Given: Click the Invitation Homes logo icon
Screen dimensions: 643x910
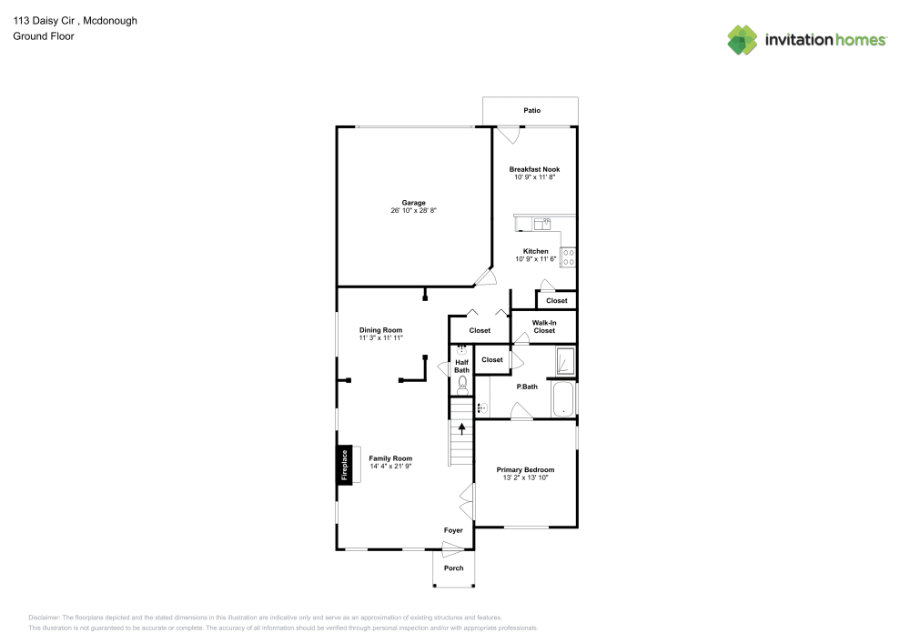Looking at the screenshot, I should [x=743, y=39].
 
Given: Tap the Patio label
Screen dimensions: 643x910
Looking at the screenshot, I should [x=531, y=110].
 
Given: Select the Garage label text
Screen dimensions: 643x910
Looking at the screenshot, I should [x=414, y=203].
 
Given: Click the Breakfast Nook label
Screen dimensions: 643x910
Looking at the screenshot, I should [x=534, y=169].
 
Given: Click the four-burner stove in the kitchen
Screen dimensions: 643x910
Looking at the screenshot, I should [x=569, y=257].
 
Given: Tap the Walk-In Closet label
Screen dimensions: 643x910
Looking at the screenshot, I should [x=544, y=327].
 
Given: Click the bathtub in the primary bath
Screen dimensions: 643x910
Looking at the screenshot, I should [x=564, y=399].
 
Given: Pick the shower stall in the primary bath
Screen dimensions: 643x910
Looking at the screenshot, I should [x=565, y=362].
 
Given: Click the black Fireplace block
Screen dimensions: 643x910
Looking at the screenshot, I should [x=344, y=465].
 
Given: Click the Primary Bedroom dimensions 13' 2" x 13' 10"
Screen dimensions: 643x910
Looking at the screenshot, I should [x=525, y=477].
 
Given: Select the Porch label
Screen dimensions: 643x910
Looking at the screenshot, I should [x=453, y=568].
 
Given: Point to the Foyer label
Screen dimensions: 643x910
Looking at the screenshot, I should [x=453, y=530].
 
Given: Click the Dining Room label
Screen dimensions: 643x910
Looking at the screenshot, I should [x=380, y=330].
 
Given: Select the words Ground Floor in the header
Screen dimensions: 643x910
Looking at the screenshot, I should [x=44, y=36].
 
